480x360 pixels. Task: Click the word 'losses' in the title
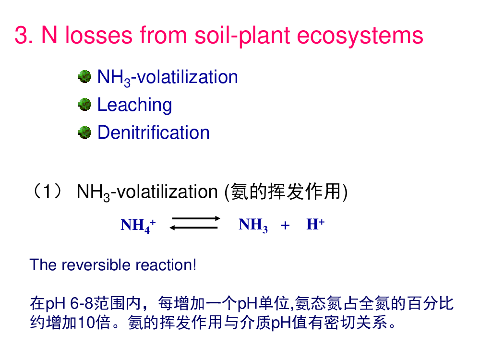click(x=99, y=35)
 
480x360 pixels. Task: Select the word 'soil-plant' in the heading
click(x=242, y=36)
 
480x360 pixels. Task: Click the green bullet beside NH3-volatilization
click(x=85, y=76)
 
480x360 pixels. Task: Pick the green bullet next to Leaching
click(x=85, y=105)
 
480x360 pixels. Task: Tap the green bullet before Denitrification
click(x=85, y=132)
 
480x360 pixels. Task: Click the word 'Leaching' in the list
click(x=134, y=106)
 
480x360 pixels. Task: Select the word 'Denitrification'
click(x=154, y=132)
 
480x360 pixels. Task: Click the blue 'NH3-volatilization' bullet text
click(x=168, y=77)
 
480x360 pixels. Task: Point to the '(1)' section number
click(x=48, y=192)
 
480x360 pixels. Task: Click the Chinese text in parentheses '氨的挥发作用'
click(x=286, y=192)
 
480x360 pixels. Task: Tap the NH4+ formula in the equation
click(x=138, y=225)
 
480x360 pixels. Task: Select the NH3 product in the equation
click(x=253, y=225)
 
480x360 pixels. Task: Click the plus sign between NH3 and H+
click(x=285, y=225)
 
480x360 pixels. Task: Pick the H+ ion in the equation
click(x=315, y=224)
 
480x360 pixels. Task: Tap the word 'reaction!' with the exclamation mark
click(x=166, y=265)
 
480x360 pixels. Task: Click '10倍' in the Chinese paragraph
click(x=94, y=322)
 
